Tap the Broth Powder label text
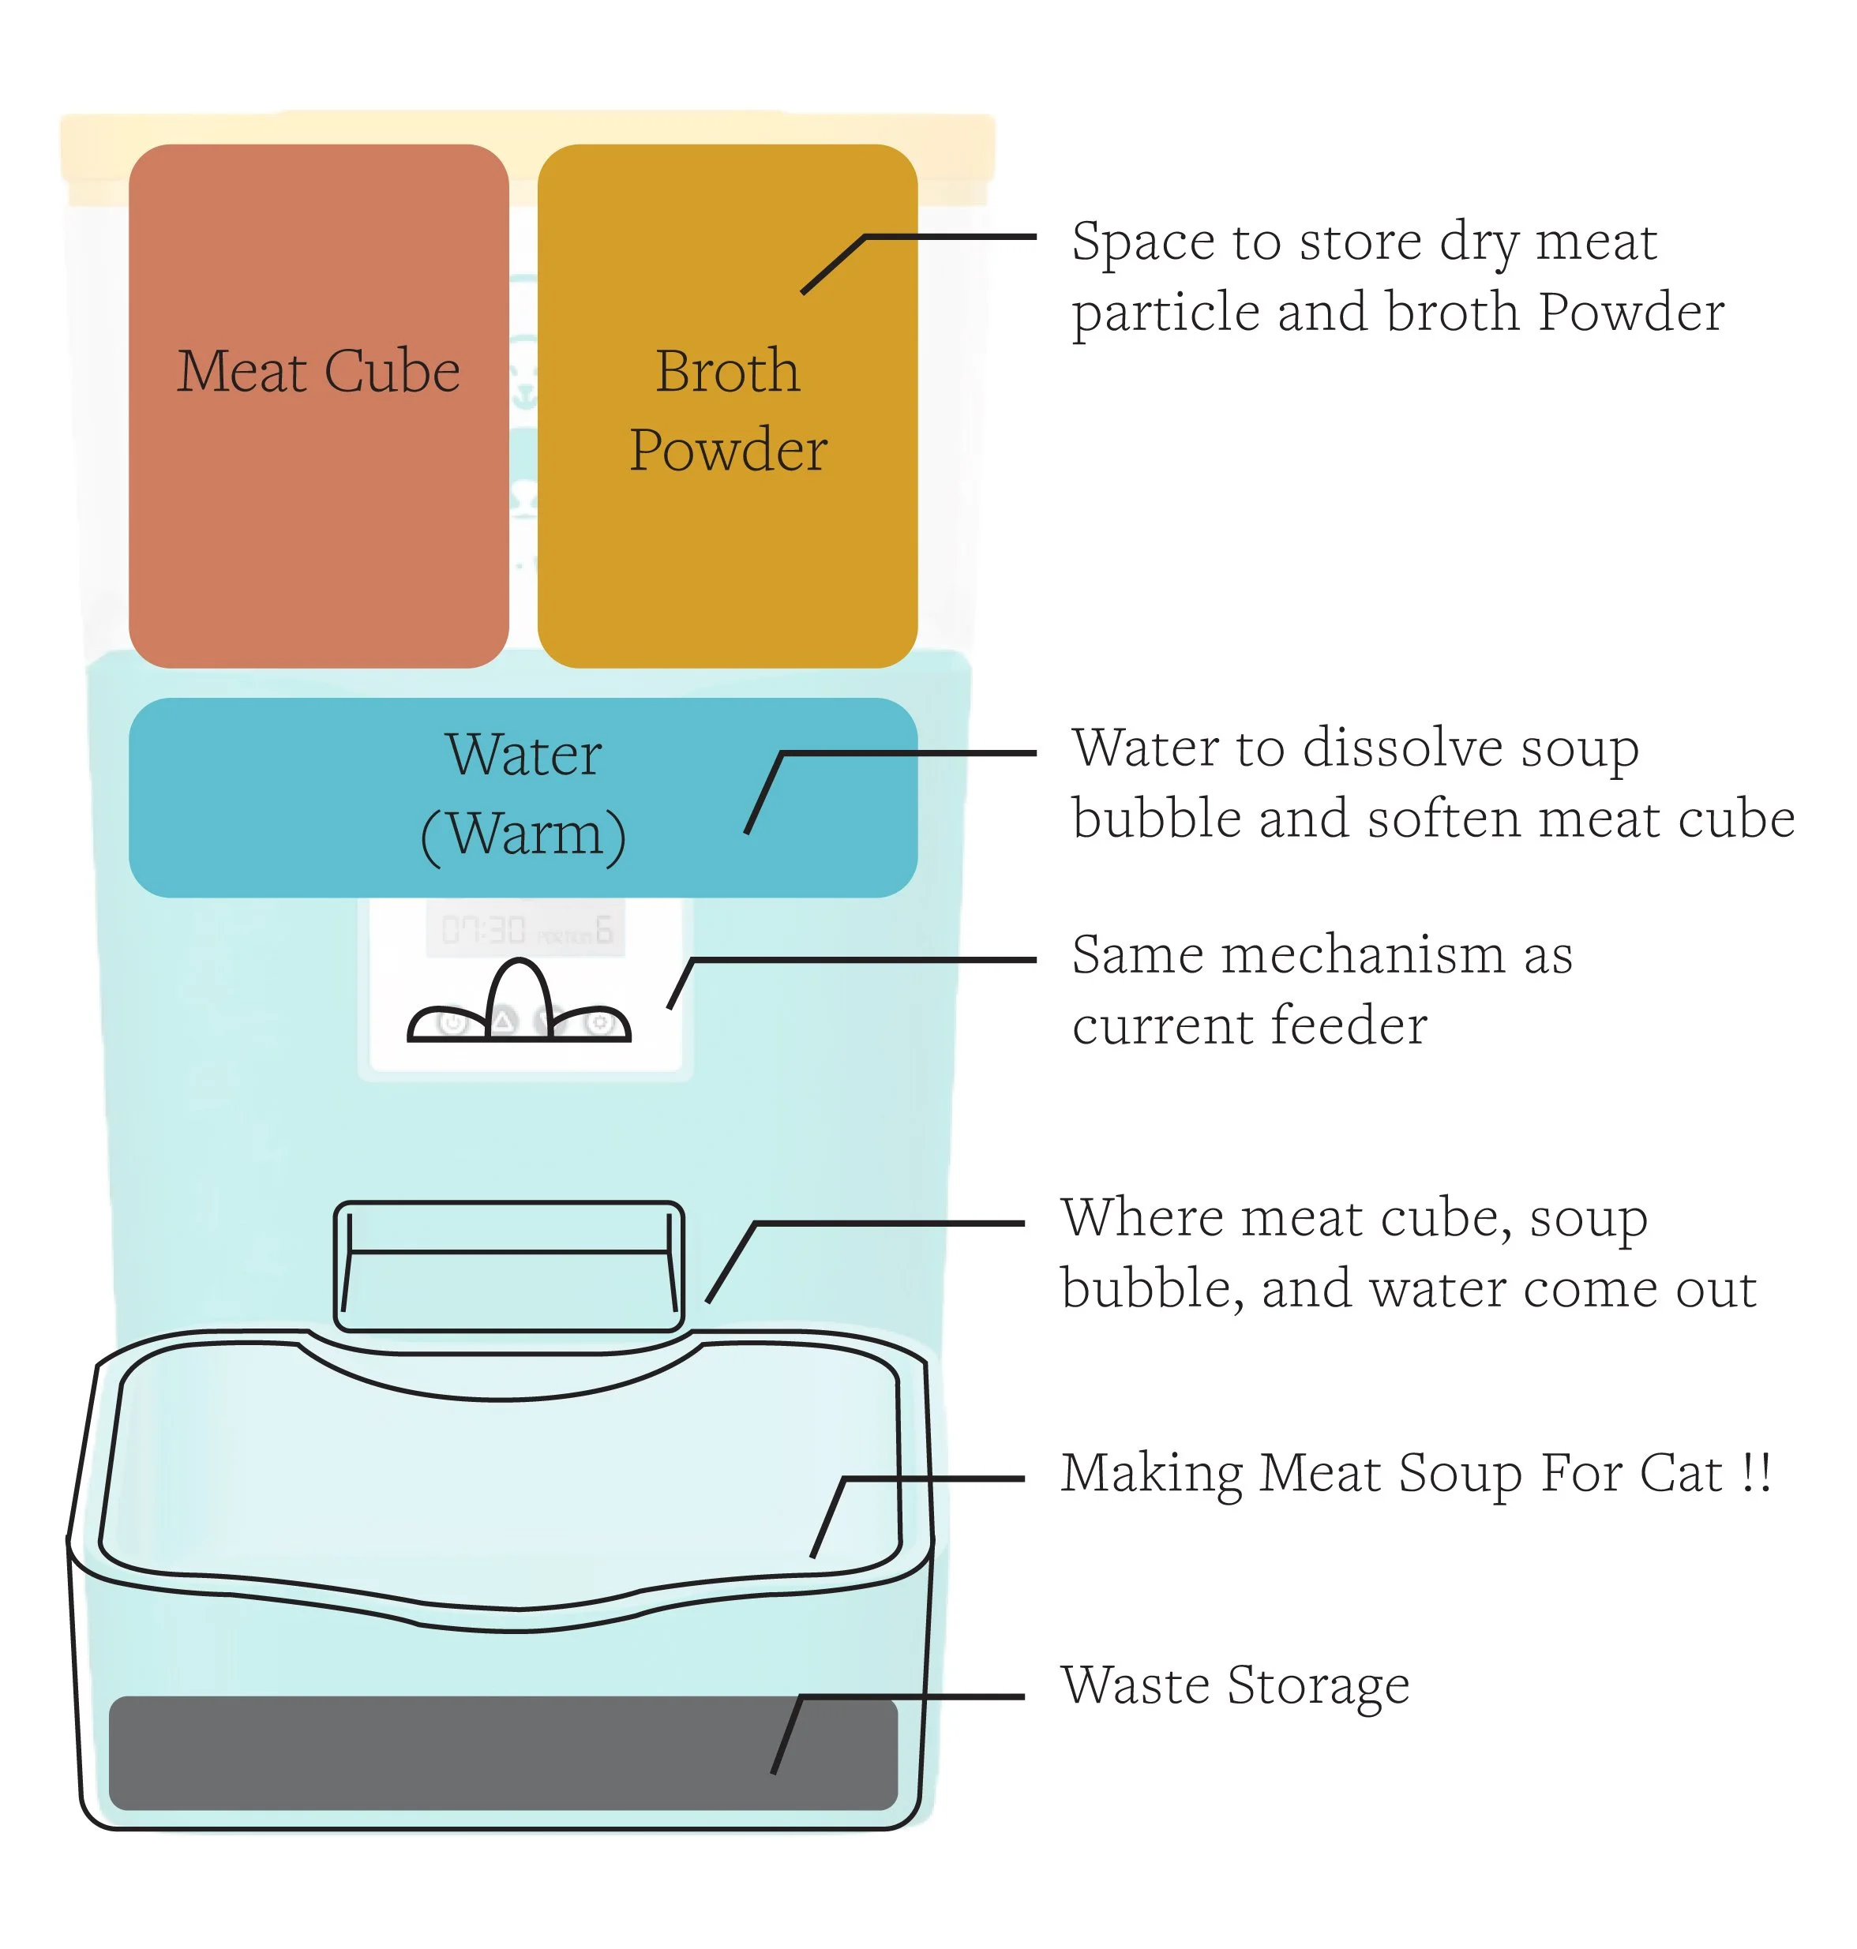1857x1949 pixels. point(727,410)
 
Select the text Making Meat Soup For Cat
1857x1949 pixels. point(1396,1474)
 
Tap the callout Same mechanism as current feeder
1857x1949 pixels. point(1322,990)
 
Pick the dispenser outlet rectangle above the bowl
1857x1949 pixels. point(508,1267)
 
